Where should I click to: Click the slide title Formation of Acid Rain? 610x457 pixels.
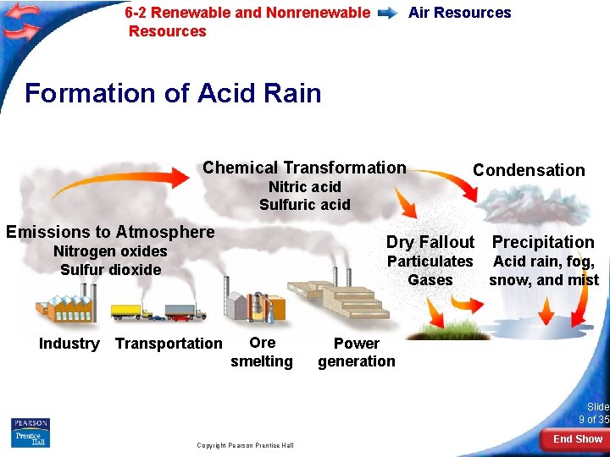[x=173, y=92]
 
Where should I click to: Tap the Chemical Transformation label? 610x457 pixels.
[x=304, y=168]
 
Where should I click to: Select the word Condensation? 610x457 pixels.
[x=529, y=170]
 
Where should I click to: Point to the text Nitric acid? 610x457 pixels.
[x=304, y=187]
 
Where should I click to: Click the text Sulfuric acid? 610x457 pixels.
[x=304, y=205]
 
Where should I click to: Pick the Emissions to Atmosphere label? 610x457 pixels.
[x=110, y=232]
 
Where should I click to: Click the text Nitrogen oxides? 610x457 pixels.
[x=110, y=251]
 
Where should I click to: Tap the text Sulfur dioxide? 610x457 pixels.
[x=110, y=270]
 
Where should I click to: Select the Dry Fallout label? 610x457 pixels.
[x=430, y=242]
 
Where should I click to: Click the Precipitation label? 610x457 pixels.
[x=543, y=242]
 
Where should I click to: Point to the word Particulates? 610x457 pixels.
[x=430, y=262]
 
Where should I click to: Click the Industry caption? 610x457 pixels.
[x=69, y=344]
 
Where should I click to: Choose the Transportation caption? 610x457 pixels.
[x=169, y=344]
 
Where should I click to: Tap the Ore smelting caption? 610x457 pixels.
[x=262, y=352]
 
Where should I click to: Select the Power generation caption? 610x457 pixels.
[x=357, y=352]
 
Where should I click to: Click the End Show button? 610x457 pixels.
[x=577, y=439]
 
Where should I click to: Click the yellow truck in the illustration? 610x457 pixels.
[x=127, y=311]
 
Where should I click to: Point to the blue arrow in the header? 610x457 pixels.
[x=389, y=13]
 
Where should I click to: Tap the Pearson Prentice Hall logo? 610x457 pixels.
[x=30, y=432]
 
